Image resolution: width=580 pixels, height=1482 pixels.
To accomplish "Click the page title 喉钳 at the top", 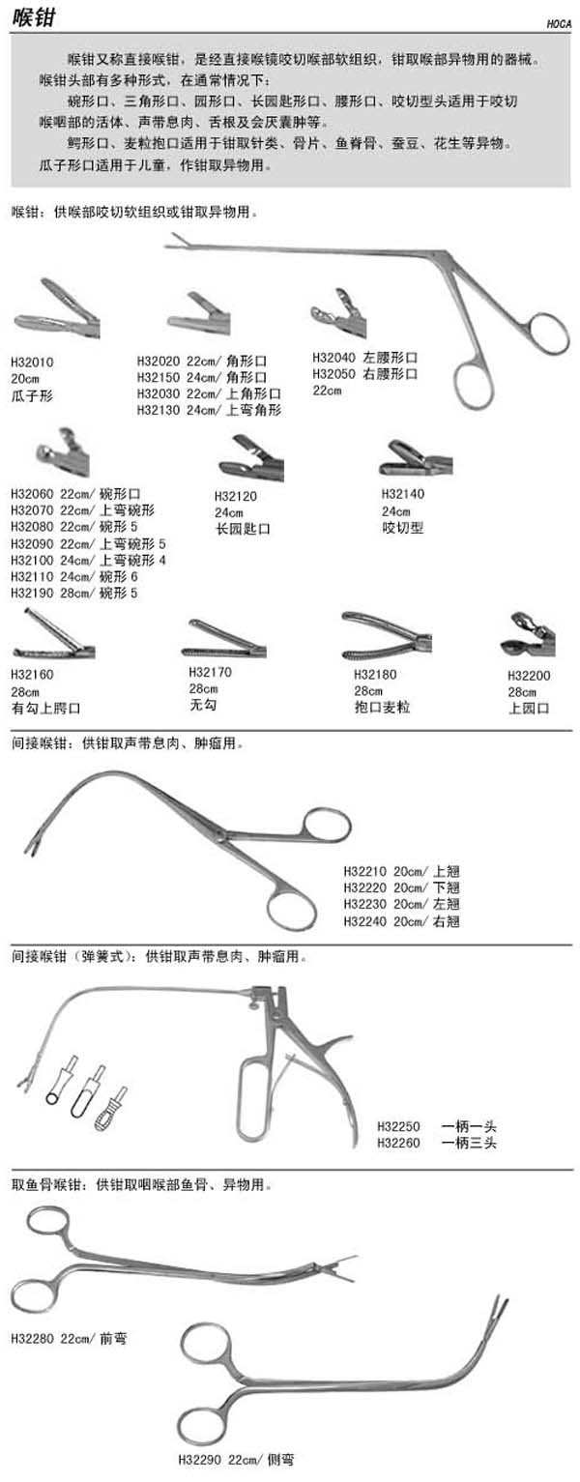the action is pos(33,16).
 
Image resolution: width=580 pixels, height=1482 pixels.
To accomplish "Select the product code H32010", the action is pos(33,362).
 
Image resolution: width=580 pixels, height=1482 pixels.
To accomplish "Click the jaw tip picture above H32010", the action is pos(56,310).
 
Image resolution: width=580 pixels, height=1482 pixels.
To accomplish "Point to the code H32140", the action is pos(403,494).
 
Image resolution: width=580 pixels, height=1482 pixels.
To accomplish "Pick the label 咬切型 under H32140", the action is pos(403,527).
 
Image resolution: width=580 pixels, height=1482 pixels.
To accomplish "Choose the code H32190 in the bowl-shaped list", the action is pos(33,593).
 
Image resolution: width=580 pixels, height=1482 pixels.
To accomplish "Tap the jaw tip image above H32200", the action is pos(528,634).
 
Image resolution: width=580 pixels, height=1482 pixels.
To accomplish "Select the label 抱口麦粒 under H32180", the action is pos(382,708).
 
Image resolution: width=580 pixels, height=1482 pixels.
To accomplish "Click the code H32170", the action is pos(211,672).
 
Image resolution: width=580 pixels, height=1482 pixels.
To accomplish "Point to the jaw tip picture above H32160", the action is pos(53,634).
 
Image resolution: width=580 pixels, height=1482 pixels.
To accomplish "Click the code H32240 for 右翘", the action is pos(364,921).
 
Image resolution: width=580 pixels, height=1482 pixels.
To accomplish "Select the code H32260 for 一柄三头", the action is pos(399,1143).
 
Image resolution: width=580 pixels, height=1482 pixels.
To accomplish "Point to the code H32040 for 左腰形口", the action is pos(333,358).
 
